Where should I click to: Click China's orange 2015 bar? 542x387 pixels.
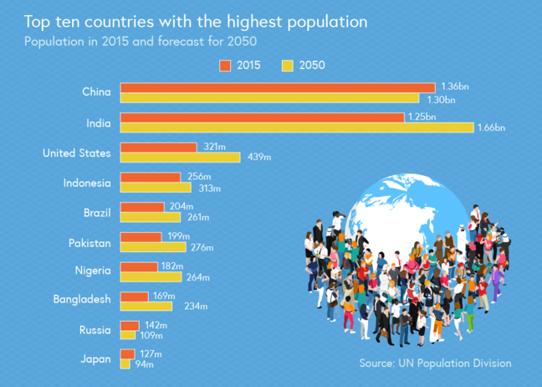(x=278, y=87)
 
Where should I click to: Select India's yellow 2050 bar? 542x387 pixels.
(x=297, y=127)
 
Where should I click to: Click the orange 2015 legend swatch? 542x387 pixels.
(x=225, y=65)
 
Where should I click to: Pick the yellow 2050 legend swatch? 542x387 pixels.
(x=287, y=65)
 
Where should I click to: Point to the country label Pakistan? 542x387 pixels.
(x=89, y=243)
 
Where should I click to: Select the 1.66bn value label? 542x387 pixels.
(x=490, y=128)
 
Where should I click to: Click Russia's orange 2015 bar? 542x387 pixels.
(x=130, y=326)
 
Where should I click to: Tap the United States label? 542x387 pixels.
(x=77, y=153)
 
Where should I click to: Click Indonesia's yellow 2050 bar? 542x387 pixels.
(x=156, y=188)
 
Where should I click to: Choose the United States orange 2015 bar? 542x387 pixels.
(x=159, y=147)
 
